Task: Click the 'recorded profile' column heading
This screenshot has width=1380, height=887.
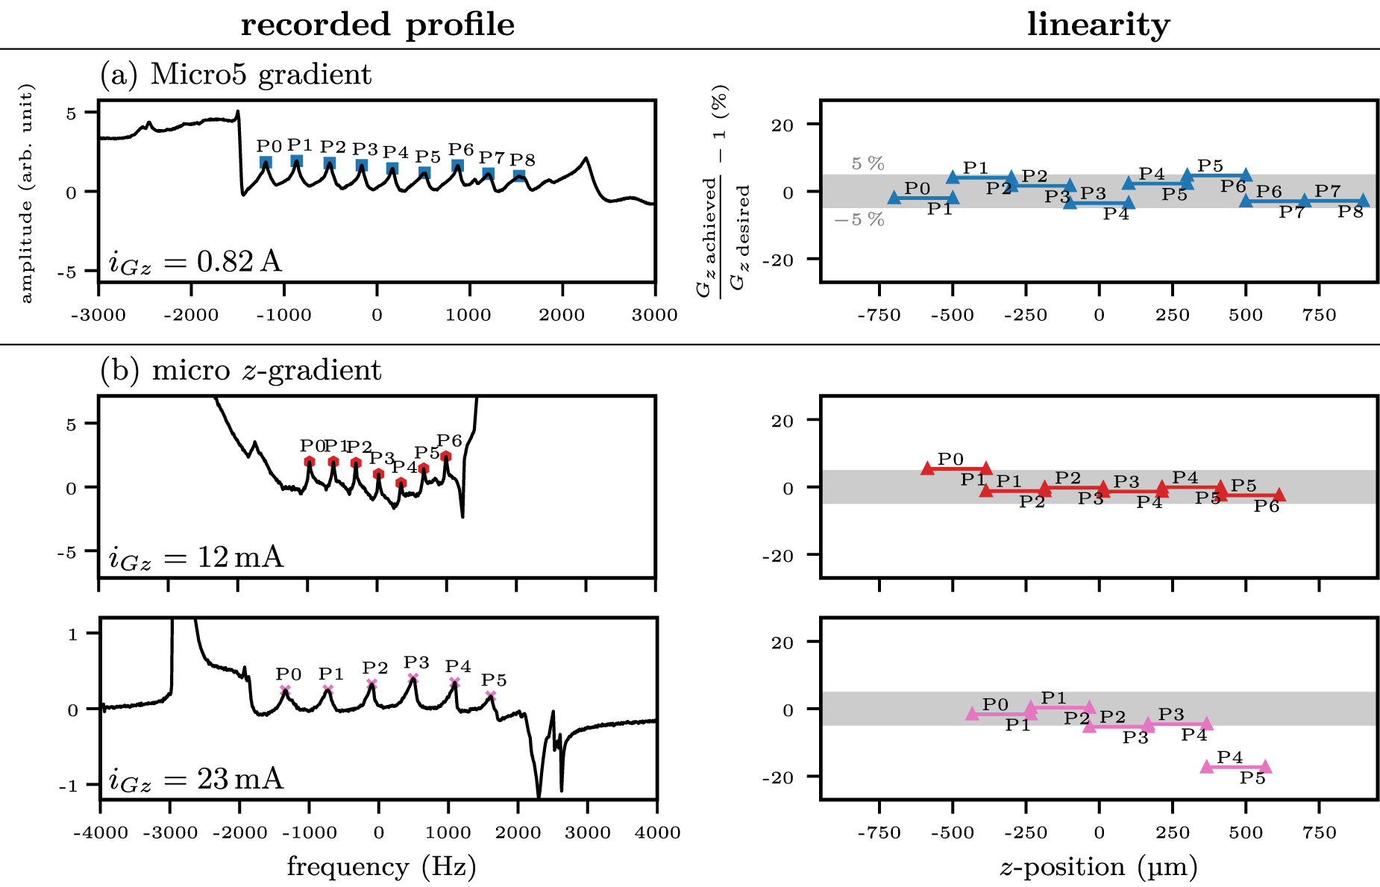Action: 377,25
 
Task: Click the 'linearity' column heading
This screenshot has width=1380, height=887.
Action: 1098,25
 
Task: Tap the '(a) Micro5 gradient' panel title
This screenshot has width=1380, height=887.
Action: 236,75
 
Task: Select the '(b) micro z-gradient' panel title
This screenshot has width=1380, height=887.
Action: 241,370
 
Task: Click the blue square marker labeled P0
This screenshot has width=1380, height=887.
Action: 266,163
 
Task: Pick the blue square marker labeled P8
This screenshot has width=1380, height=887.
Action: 519,176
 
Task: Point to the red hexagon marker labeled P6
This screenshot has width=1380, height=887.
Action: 445,457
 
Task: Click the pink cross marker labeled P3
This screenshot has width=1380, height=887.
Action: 413,678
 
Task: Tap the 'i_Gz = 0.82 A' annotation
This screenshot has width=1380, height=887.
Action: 195,262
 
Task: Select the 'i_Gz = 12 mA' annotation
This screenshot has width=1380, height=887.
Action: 196,557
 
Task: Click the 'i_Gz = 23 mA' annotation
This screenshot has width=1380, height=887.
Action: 196,780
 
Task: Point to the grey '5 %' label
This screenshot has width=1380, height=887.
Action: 868,163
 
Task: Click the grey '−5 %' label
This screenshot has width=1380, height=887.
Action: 859,219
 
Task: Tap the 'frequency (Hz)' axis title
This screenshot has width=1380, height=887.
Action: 381,867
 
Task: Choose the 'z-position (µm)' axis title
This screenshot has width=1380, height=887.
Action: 1098,867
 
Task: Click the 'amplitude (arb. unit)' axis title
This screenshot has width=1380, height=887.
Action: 26,193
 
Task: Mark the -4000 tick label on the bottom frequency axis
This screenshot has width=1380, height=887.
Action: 101,833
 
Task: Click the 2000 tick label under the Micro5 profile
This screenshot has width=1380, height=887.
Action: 562,316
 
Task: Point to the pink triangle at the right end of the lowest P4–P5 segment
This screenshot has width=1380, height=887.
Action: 1265,767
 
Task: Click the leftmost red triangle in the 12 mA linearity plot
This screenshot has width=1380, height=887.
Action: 927,468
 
